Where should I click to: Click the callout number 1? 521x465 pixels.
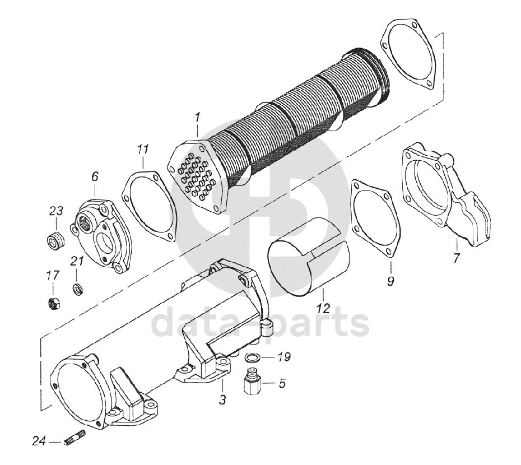point(197,118)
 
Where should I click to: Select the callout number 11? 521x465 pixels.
point(143,149)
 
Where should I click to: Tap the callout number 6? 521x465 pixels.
point(95,176)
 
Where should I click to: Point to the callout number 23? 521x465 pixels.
point(55,211)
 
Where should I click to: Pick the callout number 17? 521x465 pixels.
point(53,275)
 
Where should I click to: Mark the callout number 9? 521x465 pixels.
point(390,280)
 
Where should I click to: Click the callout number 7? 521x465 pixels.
point(457,258)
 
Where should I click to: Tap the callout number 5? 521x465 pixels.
point(282,384)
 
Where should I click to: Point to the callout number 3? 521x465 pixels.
point(222,399)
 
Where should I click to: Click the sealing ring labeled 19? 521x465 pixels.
point(253,358)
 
